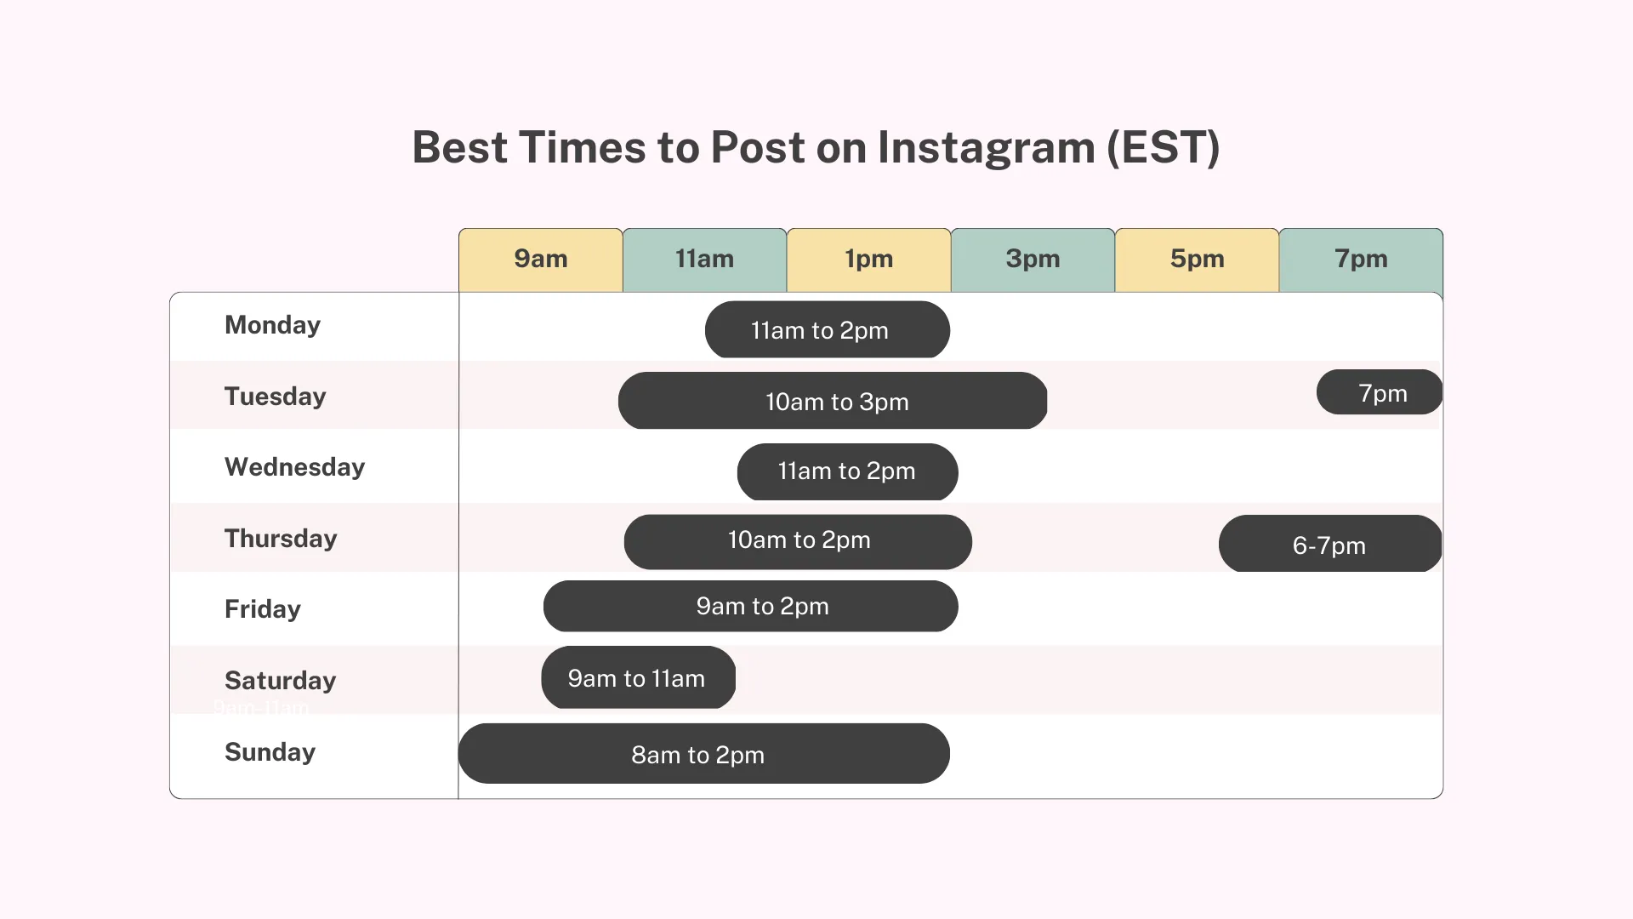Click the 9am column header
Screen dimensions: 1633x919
[541, 260]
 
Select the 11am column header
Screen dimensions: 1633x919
[705, 260]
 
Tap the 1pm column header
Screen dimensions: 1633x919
[869, 260]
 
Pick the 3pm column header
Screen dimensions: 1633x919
[1033, 260]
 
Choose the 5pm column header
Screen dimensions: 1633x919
[1198, 260]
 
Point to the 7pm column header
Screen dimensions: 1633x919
[1362, 260]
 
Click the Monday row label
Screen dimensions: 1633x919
[272, 325]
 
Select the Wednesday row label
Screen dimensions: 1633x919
[294, 467]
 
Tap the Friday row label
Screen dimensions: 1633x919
[263, 609]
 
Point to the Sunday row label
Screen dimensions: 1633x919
[270, 752]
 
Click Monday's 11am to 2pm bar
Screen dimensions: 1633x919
[828, 329]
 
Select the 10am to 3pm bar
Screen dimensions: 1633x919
[833, 401]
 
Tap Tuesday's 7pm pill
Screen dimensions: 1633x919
[1380, 392]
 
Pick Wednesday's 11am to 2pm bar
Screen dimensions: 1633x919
[848, 471]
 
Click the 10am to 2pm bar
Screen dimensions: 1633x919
[798, 542]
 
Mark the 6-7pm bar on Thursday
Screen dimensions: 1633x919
[1330, 543]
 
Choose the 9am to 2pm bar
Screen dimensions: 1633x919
[751, 606]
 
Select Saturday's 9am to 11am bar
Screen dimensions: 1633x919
[639, 677]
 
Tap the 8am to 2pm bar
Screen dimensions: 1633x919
[704, 753]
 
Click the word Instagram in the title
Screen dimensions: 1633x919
[987, 148]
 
